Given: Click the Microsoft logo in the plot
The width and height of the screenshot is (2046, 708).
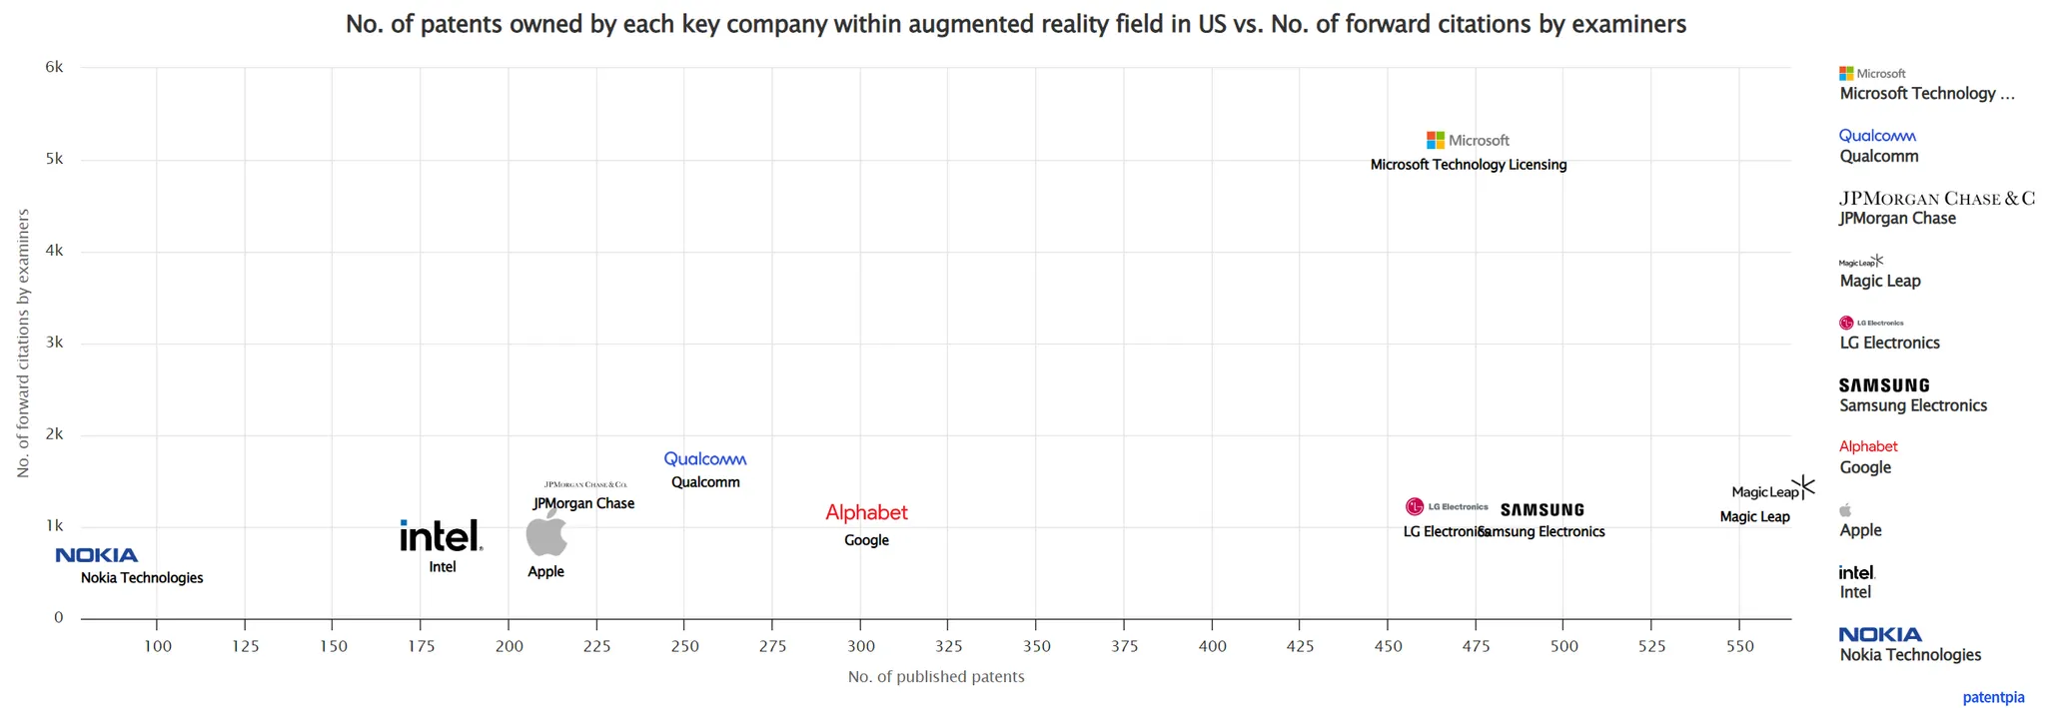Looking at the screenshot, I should [1467, 141].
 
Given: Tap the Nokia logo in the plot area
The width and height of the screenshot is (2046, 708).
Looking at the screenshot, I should [97, 555].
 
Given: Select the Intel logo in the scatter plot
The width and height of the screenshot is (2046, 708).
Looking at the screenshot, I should [441, 536].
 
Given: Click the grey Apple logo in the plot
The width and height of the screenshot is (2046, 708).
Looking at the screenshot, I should [546, 535].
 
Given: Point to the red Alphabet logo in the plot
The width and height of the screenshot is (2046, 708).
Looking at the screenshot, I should [866, 513].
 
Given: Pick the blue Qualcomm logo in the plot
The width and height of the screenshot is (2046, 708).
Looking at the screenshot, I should [705, 459].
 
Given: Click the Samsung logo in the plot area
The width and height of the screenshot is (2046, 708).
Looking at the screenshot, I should [1542, 510].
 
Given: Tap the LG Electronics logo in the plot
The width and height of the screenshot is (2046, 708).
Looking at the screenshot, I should [1447, 507].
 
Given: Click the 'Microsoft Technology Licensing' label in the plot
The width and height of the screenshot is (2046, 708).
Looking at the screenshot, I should [1468, 165].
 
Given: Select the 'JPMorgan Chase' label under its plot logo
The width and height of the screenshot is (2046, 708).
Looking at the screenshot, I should [583, 503].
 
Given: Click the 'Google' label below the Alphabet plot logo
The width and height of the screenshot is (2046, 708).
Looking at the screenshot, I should [866, 540].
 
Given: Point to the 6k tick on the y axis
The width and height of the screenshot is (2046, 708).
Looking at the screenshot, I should [54, 67].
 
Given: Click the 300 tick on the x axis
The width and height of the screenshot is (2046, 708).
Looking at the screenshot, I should [860, 646].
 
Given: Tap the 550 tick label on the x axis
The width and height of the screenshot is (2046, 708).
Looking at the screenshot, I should [1739, 646].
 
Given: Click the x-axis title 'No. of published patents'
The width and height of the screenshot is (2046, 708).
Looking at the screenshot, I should [936, 677].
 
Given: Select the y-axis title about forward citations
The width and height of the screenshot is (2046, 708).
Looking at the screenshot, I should [23, 344].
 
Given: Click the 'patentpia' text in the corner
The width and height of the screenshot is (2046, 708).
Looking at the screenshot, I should [1993, 697].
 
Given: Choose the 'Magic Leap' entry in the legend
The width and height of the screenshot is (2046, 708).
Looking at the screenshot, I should [1880, 281].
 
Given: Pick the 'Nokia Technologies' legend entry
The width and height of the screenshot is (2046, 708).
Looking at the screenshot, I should [1910, 655].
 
